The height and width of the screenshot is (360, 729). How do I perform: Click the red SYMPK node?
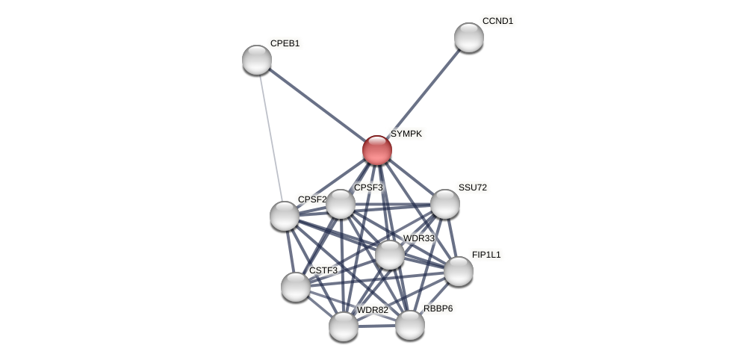[x=377, y=150]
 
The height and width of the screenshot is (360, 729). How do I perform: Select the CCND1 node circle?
[x=469, y=37]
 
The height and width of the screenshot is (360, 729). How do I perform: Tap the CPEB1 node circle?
[x=257, y=60]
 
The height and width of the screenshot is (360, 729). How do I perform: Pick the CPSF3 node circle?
[x=341, y=204]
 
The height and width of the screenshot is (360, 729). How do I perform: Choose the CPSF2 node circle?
[x=285, y=216]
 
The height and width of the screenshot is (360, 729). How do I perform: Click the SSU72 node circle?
[x=445, y=204]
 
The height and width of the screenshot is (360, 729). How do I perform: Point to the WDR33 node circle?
[x=390, y=255]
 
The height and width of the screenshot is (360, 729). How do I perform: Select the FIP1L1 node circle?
[x=459, y=271]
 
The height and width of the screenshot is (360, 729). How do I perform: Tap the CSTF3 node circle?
[x=296, y=287]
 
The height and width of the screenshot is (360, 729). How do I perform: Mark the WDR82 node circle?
[x=344, y=326]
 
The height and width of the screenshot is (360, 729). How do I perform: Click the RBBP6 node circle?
[x=410, y=325]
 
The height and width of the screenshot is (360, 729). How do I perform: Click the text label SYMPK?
[x=406, y=134]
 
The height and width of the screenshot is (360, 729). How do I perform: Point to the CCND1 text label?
[x=497, y=21]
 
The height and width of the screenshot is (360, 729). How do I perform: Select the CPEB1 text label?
[x=285, y=43]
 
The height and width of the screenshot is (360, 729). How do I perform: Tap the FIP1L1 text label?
[x=486, y=255]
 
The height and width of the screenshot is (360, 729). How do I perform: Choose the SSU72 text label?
[x=472, y=187]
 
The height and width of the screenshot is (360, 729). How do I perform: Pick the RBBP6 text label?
[x=438, y=308]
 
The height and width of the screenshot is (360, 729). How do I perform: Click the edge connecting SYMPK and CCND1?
[x=424, y=93]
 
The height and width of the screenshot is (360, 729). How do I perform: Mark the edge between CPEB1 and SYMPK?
[x=317, y=105]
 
